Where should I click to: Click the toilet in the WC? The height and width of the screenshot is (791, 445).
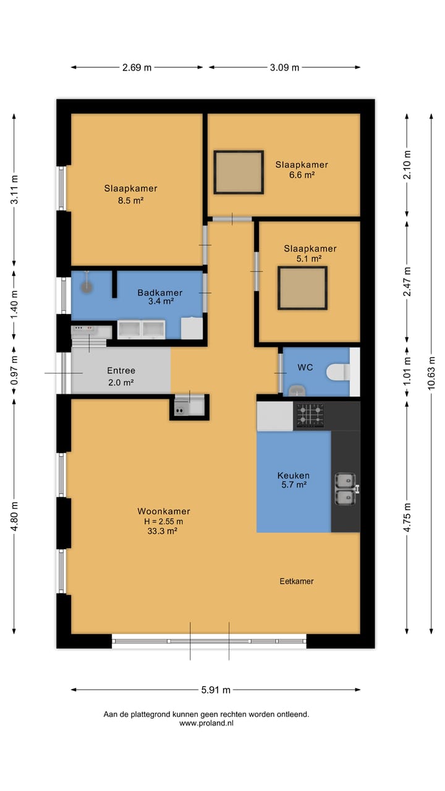pos(338,372)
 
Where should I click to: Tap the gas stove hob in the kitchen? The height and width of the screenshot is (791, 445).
pos(310,415)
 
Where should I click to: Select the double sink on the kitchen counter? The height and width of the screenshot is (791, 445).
pos(347,489)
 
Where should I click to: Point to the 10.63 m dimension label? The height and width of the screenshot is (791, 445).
pos(431,373)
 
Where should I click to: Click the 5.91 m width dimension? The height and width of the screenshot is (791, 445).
pos(216,690)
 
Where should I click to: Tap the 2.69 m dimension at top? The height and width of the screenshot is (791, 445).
pos(137,67)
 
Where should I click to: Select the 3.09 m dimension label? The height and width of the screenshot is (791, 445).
pos(284,67)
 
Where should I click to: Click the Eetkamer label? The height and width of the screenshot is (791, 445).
pos(297,582)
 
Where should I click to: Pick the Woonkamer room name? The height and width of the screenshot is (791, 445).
pos(164,511)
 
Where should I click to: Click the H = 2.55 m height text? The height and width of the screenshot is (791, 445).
pos(164,521)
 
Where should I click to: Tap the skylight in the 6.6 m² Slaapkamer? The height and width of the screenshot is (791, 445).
pos(239,172)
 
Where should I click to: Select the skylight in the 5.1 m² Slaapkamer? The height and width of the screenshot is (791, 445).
pos(302,288)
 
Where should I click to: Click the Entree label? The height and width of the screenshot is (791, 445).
pos(121,370)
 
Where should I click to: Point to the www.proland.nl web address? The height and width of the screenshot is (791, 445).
pos(206,723)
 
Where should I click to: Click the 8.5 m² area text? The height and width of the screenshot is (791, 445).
pos(130,201)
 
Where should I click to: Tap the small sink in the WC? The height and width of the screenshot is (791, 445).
pos(297,391)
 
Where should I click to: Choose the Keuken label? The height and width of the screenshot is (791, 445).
pos(293,475)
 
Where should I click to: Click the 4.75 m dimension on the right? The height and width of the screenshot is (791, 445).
pos(407,517)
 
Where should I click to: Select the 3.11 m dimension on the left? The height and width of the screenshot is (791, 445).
pos(14,190)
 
